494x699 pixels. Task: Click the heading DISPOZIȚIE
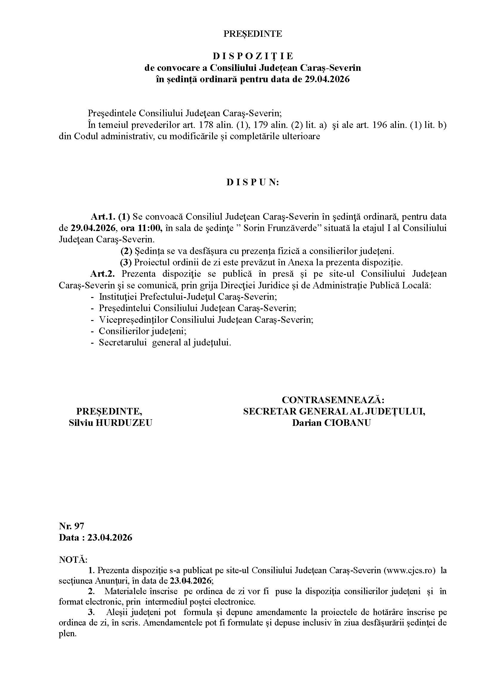point(252,56)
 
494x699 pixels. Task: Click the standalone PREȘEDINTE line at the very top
point(252,33)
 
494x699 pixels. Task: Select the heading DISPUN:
point(252,182)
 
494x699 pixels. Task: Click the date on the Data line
point(110,537)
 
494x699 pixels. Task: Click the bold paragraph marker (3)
point(126,262)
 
